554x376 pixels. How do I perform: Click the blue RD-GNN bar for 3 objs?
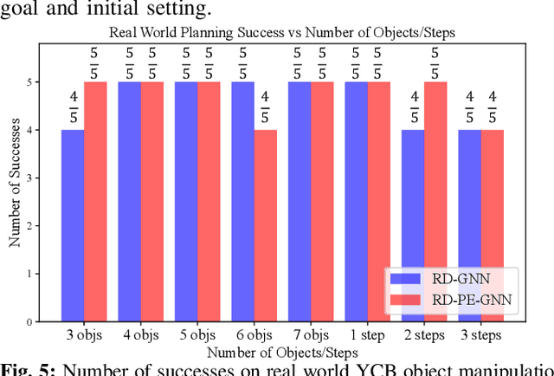pyautogui.click(x=73, y=225)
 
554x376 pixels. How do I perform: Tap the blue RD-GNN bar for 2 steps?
pyautogui.click(x=413, y=225)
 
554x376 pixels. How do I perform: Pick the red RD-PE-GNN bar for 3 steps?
pyautogui.click(x=492, y=225)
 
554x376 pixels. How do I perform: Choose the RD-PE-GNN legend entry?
pyautogui.click(x=452, y=300)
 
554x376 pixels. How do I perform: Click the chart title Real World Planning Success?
pyautogui.click(x=282, y=33)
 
